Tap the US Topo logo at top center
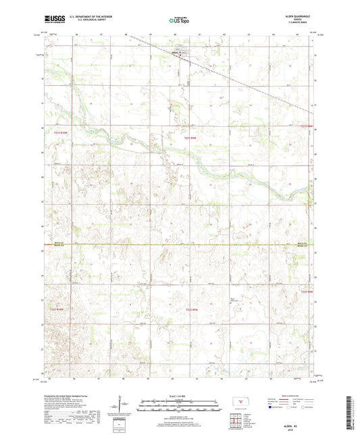tap(180, 22)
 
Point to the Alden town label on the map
tap(176, 51)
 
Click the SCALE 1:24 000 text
tap(180, 394)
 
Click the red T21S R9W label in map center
tap(190, 138)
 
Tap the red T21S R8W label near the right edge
tap(307, 126)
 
